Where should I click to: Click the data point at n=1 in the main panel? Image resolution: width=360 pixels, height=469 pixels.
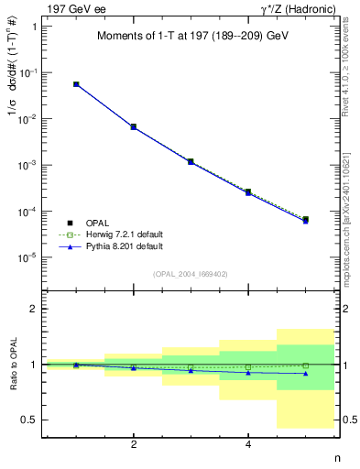click(x=76, y=84)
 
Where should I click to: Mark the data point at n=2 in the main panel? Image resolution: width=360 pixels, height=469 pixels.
click(x=134, y=126)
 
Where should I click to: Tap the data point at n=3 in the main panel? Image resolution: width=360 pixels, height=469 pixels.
click(x=191, y=161)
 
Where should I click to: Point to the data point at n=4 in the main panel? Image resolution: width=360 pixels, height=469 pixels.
click(x=248, y=192)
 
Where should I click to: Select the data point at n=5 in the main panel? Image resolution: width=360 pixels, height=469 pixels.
click(x=305, y=220)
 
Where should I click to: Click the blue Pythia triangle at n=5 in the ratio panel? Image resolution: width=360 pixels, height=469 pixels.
click(x=305, y=373)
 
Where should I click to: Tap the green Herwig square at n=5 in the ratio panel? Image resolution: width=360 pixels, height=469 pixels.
click(x=305, y=365)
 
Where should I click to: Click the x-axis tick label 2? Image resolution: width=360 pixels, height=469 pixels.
click(x=134, y=444)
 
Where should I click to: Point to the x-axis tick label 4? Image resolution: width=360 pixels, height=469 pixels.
click(x=248, y=444)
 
